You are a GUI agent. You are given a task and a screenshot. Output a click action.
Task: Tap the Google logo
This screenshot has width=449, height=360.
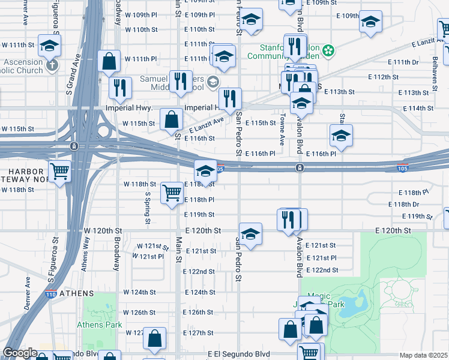pyautogui.click(x=20, y=353)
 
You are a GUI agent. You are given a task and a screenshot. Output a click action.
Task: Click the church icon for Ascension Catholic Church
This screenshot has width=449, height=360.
pyautogui.click(x=52, y=63)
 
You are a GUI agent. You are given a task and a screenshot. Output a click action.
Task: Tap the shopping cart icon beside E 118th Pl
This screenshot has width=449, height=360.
pyautogui.click(x=172, y=193)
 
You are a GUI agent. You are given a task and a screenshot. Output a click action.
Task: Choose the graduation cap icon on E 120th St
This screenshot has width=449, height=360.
pyautogui.click(x=250, y=233)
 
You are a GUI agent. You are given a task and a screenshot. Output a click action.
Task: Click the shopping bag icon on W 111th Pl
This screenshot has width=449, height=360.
pyautogui.click(x=109, y=61)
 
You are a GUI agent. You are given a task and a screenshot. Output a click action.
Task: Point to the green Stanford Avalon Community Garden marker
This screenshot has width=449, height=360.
pyautogui.click(x=328, y=50)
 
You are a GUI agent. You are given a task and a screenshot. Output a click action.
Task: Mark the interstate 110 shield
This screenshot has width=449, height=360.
pyautogui.click(x=52, y=295)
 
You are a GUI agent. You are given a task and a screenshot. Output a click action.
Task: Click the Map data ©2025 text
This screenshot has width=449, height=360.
pyautogui.click(x=424, y=355)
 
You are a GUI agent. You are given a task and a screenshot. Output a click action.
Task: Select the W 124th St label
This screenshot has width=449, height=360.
pyautogui.click(x=140, y=292)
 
